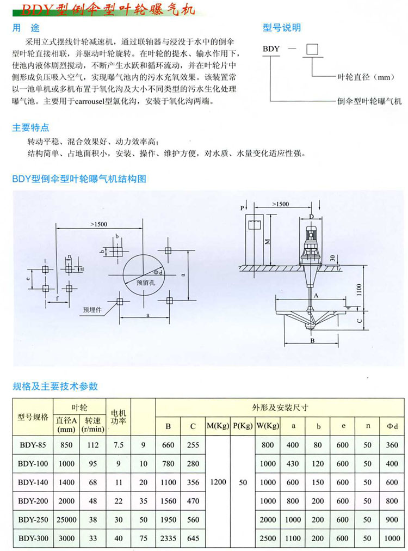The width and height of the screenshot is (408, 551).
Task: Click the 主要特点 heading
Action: pyautogui.click(x=30, y=128)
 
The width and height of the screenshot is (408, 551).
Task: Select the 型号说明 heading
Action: pyautogui.click(x=282, y=27)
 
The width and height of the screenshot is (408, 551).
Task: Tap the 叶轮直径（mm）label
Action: pyautogui.click(x=362, y=77)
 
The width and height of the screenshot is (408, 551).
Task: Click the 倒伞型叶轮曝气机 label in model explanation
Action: pyautogui.click(x=369, y=101)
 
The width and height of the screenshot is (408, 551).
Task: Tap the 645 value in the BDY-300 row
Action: pyautogui.click(x=193, y=538)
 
